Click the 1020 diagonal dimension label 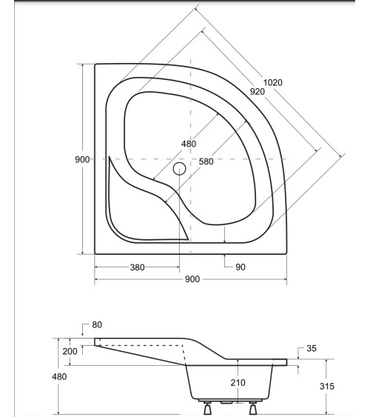[273, 82]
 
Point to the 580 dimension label [205, 161]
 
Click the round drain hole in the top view [179, 168]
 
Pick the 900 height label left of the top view [82, 160]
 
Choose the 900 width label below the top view [191, 280]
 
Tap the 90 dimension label [240, 267]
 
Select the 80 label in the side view [97, 324]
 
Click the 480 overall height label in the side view [59, 377]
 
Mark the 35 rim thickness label [312, 348]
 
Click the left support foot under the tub [206, 407]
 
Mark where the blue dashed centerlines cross [191, 159]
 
